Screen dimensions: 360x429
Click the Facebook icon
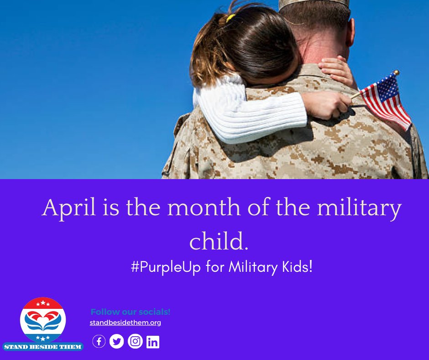pos(99,341)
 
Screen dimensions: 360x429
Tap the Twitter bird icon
pos(117,341)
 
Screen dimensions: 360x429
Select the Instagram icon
pos(135,341)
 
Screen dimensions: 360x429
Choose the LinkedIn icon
pos(153,342)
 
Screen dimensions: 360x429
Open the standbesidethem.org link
pos(125,323)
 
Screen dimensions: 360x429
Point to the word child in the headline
pos(219,242)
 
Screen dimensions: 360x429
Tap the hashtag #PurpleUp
pos(166,267)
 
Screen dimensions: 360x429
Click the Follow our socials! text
pos(131,312)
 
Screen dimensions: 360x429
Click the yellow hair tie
pos(230,18)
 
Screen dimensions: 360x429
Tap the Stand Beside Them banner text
pos(43,347)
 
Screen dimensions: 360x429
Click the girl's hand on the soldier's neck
pos(338,69)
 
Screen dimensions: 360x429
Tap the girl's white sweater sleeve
pos(256,114)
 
